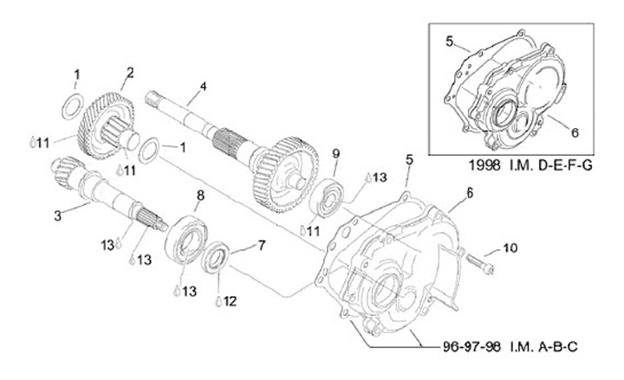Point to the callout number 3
[x=58, y=215]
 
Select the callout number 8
[x=200, y=196]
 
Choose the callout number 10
[x=510, y=248]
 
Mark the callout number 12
[x=231, y=302]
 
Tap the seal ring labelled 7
[x=217, y=259]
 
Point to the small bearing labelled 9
[x=333, y=196]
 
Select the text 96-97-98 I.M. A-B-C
[x=505, y=348]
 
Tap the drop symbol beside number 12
[x=218, y=301]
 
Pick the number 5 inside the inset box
[x=450, y=41]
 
